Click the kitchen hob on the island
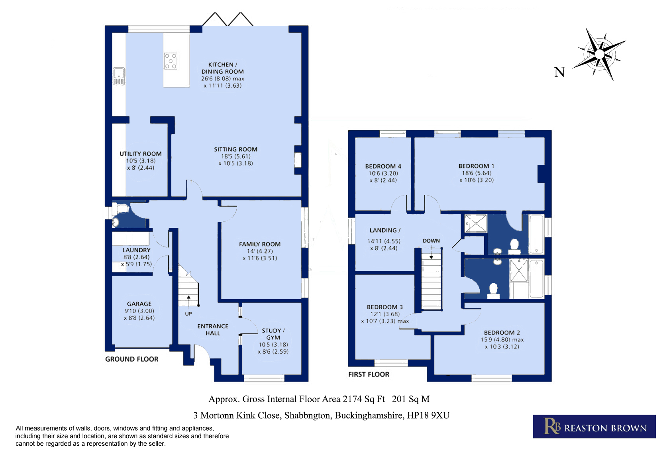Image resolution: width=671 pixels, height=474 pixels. coord(171,61)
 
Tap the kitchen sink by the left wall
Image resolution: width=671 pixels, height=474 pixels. coord(119,76)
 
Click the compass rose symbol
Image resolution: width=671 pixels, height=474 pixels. coord(599,55)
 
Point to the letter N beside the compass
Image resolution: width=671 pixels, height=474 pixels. coord(559,72)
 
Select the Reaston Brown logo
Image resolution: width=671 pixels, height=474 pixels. coord(594,426)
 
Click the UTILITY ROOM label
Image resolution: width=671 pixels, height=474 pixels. coord(141,154)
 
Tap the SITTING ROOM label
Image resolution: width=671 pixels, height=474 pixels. coord(235,149)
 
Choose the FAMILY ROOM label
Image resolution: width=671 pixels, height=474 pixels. coord(260,244)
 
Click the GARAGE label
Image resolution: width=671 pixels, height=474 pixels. coord(139,304)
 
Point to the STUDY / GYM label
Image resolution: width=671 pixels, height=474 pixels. coord(273,334)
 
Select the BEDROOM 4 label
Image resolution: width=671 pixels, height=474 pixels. coord(383,166)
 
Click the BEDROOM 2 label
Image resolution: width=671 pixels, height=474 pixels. coord(502,333)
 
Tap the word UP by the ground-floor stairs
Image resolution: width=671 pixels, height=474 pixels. coord(188,314)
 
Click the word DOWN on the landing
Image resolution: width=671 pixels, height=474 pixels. coord(432,241)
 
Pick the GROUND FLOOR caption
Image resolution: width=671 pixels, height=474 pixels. coord(131,359)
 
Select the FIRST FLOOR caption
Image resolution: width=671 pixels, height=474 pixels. coord(369,374)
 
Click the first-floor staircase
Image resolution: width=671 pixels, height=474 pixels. coord(432,280)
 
